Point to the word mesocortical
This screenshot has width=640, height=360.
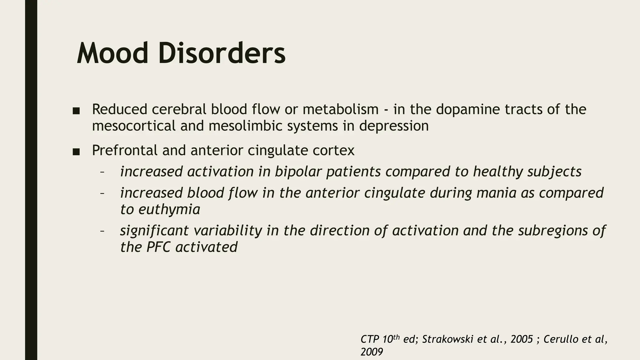click(133, 126)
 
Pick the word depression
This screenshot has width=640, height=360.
click(394, 126)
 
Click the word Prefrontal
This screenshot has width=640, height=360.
click(124, 150)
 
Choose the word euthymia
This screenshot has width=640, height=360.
click(169, 209)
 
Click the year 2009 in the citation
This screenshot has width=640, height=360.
click(372, 352)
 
